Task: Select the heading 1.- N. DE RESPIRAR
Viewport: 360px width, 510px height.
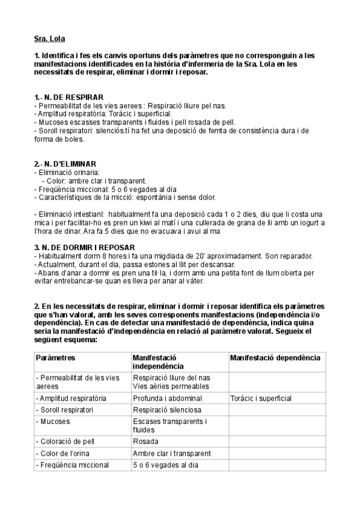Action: pyautogui.click(x=69, y=97)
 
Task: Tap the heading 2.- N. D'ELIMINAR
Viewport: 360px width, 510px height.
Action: pyautogui.click(x=66, y=164)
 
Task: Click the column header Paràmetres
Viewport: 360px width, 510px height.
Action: pyautogui.click(x=55, y=358)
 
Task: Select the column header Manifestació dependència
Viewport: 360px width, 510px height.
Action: pyautogui.click(x=275, y=358)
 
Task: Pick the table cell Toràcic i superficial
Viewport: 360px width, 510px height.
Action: pyautogui.click(x=260, y=398)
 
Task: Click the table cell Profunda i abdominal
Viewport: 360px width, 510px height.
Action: pyautogui.click(x=167, y=398)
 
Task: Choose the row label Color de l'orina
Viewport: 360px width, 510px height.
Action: pyautogui.click(x=64, y=453)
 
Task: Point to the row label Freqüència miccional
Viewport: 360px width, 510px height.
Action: pyautogui.click(x=72, y=465)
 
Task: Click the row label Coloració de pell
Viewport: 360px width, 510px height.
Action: pyautogui.click(x=68, y=441)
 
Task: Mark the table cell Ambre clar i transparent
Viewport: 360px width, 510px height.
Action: pyautogui.click(x=172, y=453)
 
